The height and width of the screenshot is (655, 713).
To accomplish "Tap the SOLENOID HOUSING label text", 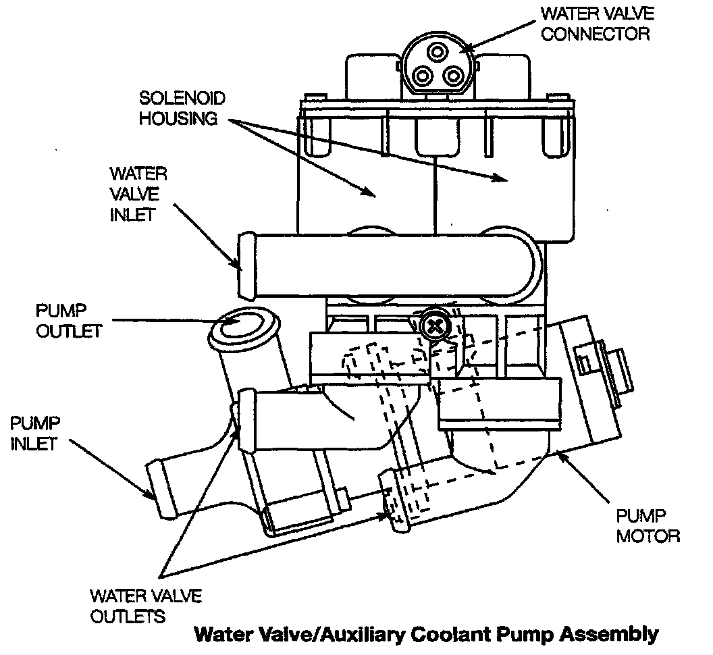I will coord(178,108).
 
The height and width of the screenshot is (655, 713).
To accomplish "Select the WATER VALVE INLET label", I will coord(138,194).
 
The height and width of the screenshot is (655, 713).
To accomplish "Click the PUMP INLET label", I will coord(36,434).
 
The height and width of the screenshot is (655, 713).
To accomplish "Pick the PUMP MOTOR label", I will coord(648,527).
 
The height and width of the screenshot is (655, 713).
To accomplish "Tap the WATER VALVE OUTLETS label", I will coord(145,606).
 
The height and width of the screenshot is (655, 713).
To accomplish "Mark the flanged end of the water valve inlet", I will coord(246,266).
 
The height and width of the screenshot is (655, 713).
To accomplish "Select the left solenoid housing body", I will coord(365,182).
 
